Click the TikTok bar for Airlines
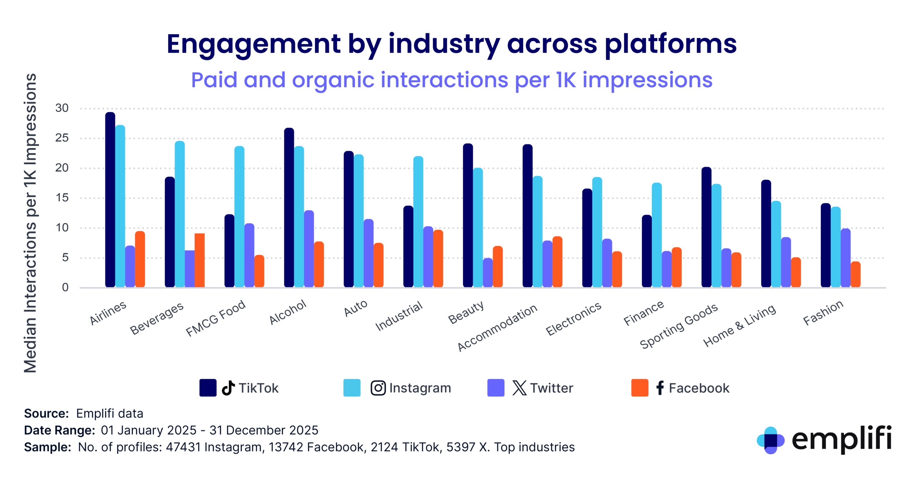[x=110, y=200]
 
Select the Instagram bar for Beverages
[x=180, y=214]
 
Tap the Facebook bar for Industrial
[x=438, y=259]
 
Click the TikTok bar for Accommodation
[x=527, y=216]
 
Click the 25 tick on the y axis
[x=62, y=138]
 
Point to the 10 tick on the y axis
[x=62, y=227]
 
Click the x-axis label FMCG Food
[x=216, y=318]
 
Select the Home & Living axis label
[x=739, y=325]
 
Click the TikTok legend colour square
[x=208, y=388]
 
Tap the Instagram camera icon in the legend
[x=378, y=388]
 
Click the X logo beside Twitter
[x=519, y=388]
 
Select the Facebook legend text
[x=699, y=388]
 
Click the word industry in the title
[x=444, y=45]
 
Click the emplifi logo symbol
[x=770, y=440]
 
